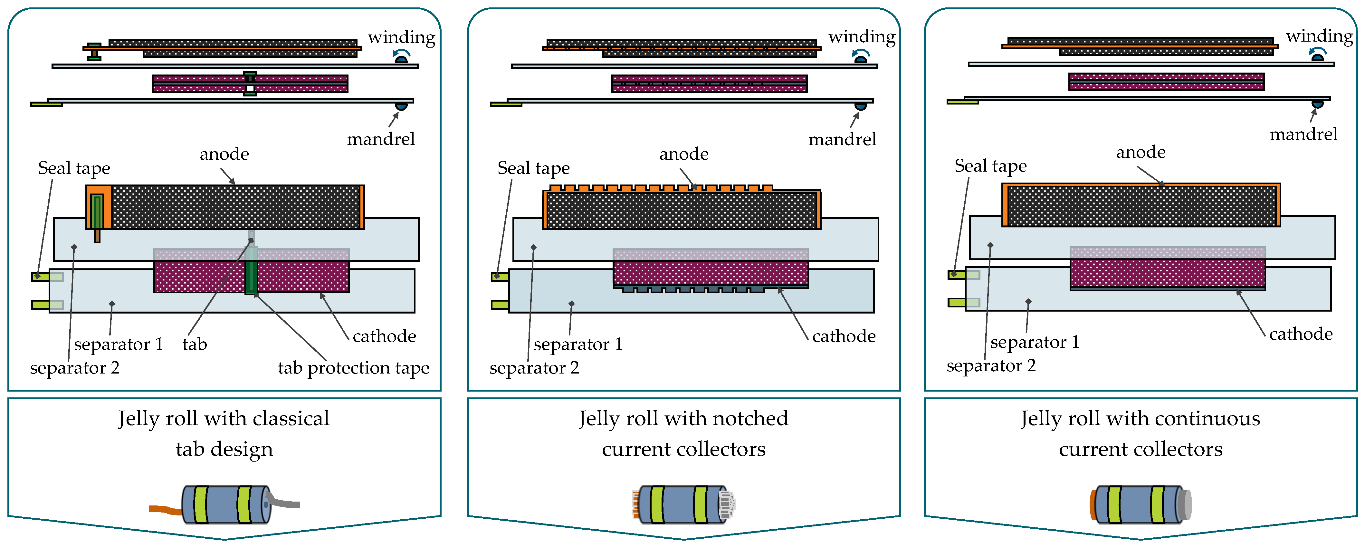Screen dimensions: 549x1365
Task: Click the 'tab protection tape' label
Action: click(x=353, y=368)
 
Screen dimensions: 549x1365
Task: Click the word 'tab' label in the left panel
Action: click(x=195, y=344)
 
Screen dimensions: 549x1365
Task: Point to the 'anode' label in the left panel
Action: click(x=224, y=154)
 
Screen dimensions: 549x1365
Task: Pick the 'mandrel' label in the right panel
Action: click(x=1303, y=134)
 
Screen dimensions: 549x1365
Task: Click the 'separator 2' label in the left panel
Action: click(x=75, y=368)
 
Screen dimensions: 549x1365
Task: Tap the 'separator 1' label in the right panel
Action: click(x=1034, y=342)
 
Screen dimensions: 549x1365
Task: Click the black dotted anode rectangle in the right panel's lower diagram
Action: click(x=1141, y=206)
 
